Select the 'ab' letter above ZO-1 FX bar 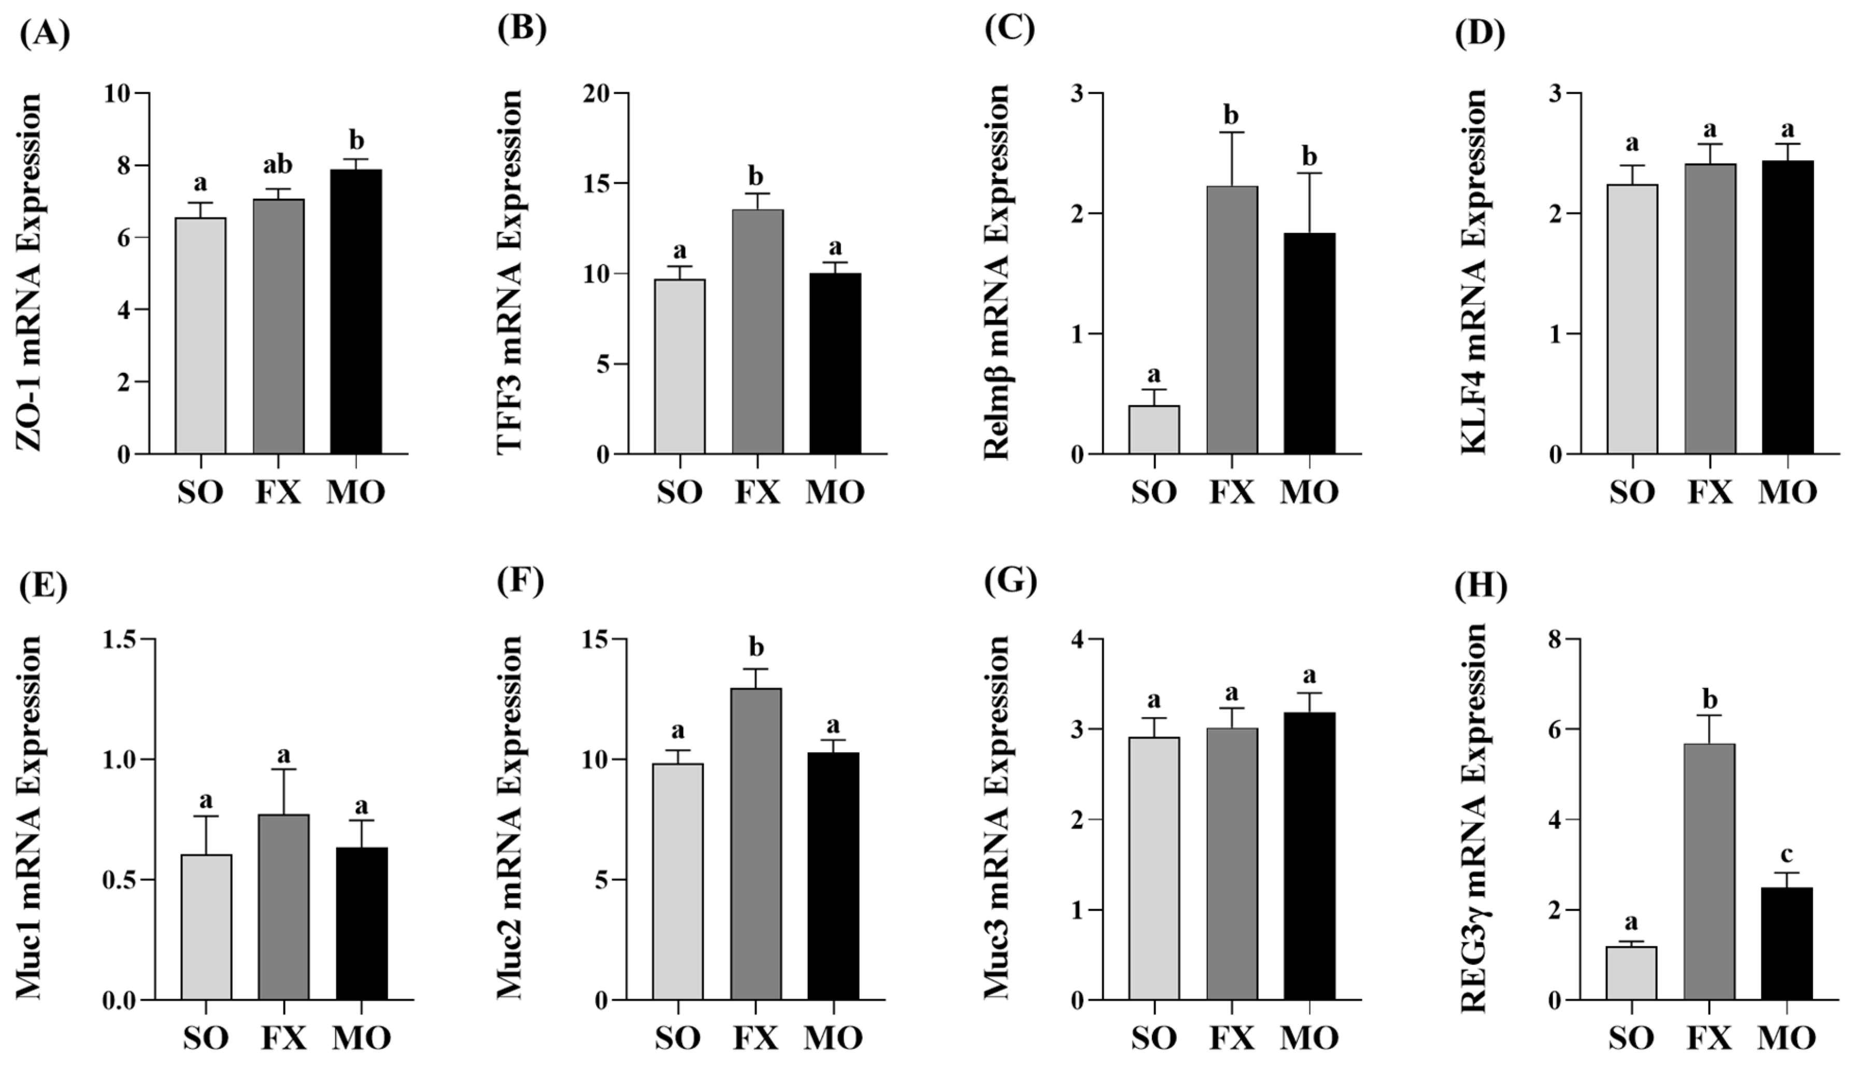[x=278, y=165]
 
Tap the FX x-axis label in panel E [x=283, y=1037]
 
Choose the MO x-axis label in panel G [x=1309, y=1037]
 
